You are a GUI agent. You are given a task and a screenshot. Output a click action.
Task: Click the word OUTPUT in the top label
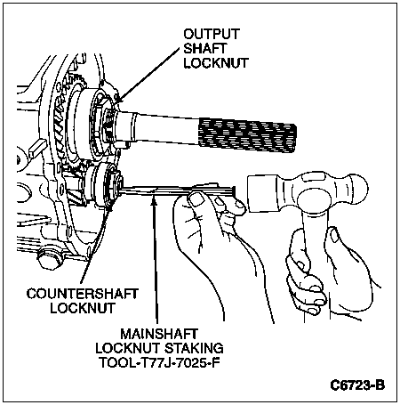tap(212, 34)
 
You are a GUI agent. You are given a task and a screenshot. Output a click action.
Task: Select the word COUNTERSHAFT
tap(83, 294)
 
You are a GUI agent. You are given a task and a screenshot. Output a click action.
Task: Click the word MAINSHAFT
tap(159, 334)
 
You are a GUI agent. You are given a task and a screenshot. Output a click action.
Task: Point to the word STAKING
tap(194, 348)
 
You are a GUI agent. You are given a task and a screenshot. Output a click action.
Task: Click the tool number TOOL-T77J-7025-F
tap(159, 362)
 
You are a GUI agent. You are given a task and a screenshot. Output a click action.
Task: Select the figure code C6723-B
tap(357, 385)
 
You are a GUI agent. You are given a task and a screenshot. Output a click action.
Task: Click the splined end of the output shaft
tap(248, 135)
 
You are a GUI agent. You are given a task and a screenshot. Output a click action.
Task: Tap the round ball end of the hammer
tap(357, 190)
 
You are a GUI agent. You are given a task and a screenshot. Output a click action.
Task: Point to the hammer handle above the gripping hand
tap(315, 220)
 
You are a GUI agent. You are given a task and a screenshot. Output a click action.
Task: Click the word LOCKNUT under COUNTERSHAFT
tap(83, 308)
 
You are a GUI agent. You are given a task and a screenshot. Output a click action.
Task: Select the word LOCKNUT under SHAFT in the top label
tap(216, 63)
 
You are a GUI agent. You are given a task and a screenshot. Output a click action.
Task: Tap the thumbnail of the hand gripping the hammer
tap(334, 236)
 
